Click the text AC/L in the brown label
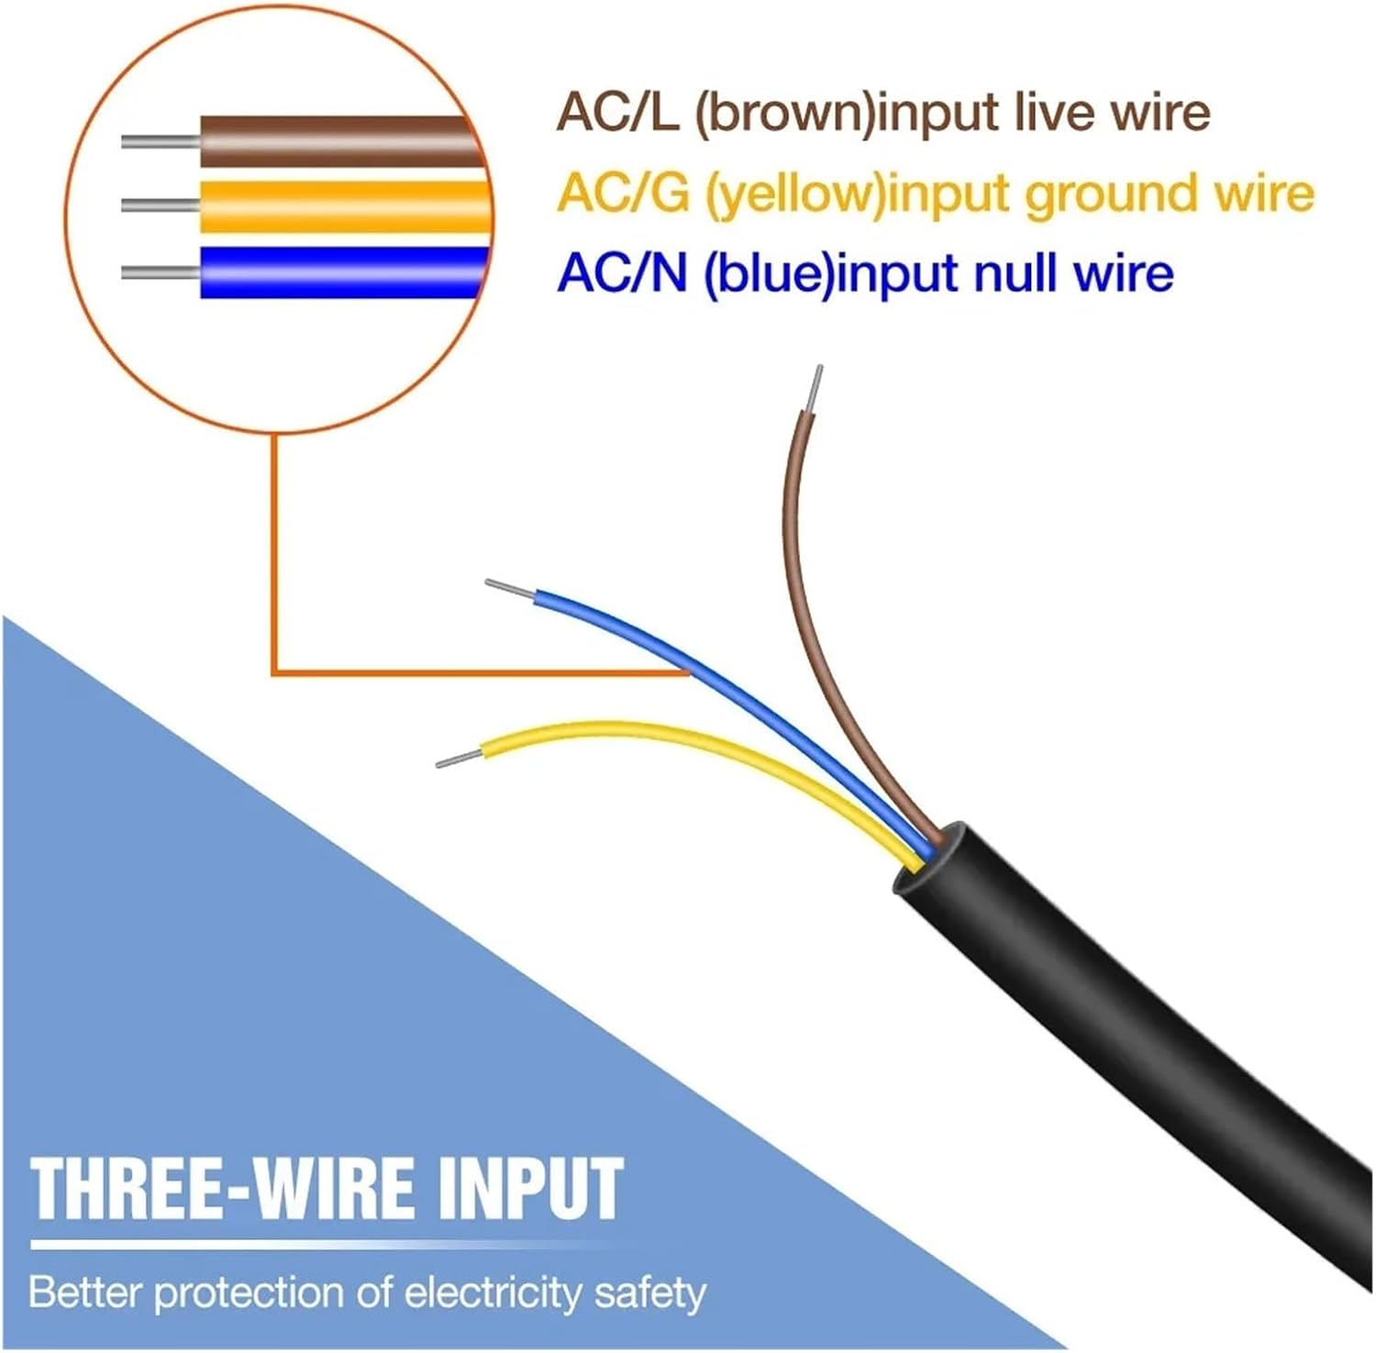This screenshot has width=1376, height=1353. (616, 113)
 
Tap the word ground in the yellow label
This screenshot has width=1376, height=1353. (1110, 194)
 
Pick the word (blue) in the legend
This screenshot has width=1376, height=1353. (769, 273)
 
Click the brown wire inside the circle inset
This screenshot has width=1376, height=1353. (339, 141)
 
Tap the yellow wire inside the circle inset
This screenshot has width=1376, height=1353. (339, 205)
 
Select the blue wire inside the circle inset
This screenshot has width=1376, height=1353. (339, 272)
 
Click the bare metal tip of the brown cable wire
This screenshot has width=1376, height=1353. (813, 388)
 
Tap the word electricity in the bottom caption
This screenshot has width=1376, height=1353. (493, 1293)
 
